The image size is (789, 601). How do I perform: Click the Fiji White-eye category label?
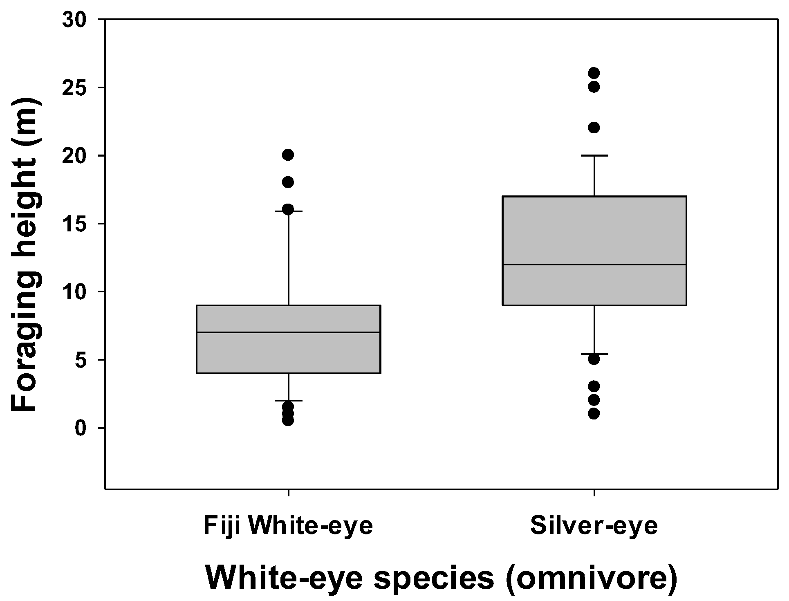coord(288,526)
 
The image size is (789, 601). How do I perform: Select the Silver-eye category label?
coord(594,526)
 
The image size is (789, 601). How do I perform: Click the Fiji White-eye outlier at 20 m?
coord(288,155)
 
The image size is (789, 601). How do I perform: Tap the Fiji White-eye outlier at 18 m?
coord(288,182)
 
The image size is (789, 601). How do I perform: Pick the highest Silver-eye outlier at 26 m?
coord(594,73)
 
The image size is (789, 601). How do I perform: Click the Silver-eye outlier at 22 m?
coord(594,128)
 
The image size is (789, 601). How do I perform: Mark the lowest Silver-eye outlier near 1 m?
coord(594,414)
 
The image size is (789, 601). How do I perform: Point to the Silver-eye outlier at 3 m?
coord(594,386)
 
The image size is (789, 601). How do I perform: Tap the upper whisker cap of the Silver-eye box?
coord(594,155)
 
